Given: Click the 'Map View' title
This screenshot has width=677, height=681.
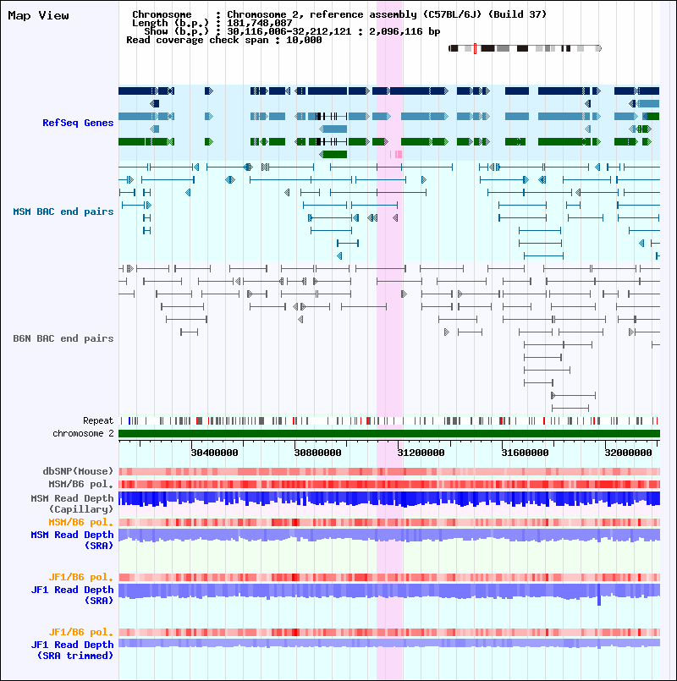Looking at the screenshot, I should click(38, 16).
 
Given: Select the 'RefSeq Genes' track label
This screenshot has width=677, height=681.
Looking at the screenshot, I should click(78, 123).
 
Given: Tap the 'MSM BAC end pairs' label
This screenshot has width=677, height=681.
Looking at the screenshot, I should click(63, 211).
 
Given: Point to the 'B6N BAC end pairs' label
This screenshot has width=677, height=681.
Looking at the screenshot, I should click(63, 338).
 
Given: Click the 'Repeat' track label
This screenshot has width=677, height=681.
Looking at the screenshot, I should click(97, 420).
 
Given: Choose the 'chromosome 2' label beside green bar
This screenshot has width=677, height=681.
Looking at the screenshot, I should click(83, 433).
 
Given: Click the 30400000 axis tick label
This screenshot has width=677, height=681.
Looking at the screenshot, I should click(214, 453).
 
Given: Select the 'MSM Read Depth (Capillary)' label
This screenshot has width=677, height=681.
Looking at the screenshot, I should click(72, 504).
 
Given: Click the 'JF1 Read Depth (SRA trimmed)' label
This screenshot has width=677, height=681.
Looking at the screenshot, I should click(72, 650).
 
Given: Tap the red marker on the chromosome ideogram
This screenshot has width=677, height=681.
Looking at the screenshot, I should click(475, 48).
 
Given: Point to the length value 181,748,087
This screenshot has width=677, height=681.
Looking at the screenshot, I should click(260, 23).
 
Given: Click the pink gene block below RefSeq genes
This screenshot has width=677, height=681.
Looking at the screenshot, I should click(395, 154).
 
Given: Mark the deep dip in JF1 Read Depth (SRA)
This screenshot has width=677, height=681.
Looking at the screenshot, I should click(599, 599).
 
